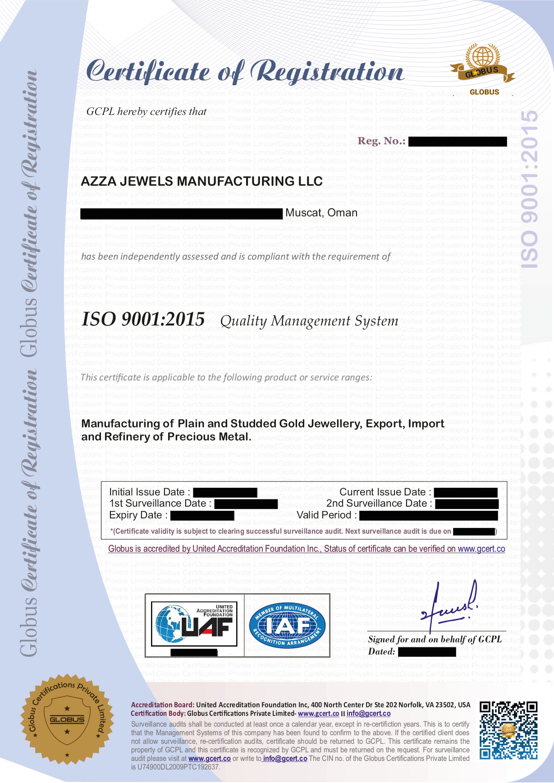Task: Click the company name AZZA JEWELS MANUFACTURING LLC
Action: click(201, 181)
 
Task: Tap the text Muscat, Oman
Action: click(321, 213)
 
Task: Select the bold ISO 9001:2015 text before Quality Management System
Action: click(143, 320)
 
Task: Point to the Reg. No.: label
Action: click(381, 141)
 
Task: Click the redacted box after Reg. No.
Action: click(458, 142)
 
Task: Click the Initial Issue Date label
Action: click(149, 492)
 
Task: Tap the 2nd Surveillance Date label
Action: click(379, 504)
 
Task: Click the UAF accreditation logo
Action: click(194, 624)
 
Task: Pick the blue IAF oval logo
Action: click(287, 625)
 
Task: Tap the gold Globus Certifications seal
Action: click(67, 719)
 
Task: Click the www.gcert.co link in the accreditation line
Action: click(481, 549)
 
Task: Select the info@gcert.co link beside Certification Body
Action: click(368, 714)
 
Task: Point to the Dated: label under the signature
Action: click(381, 651)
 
